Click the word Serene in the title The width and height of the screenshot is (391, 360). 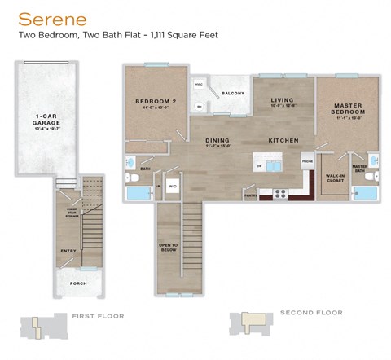41,17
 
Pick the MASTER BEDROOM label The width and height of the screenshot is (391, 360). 348,109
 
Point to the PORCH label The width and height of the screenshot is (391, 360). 78,283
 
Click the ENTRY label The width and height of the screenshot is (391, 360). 69,250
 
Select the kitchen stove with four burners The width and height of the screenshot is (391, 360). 280,194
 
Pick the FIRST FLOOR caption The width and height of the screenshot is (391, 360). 94,315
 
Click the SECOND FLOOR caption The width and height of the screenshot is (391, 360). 310,312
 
